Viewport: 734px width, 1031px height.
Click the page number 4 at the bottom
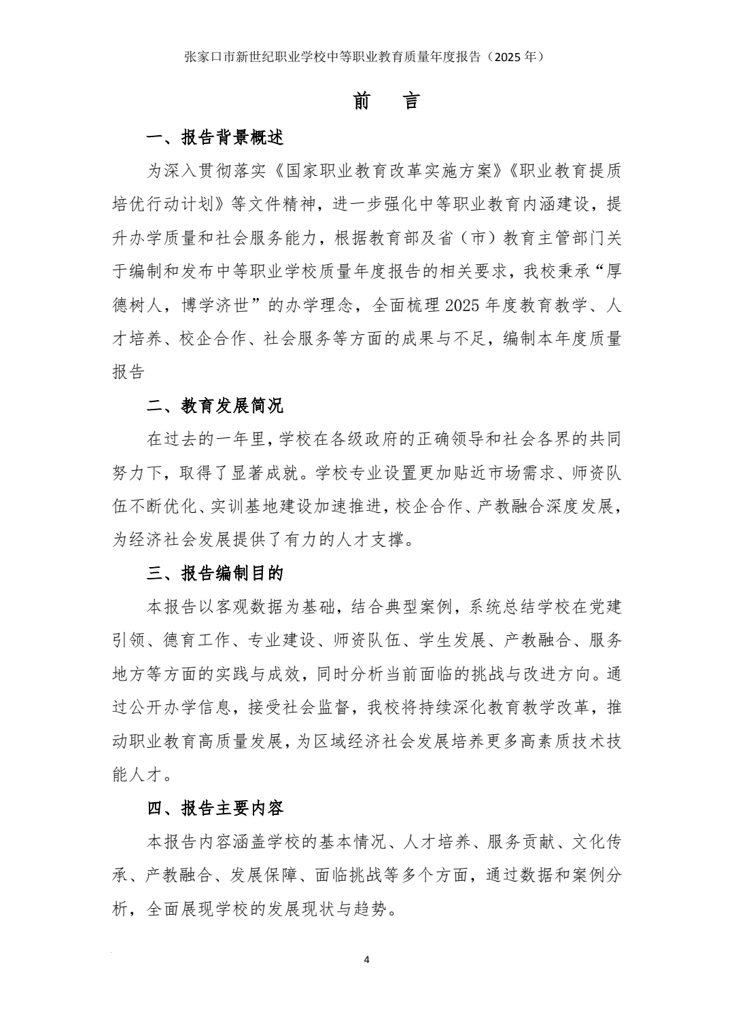(x=367, y=960)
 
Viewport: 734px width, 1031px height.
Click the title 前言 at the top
(x=387, y=101)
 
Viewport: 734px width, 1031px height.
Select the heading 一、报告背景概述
(x=215, y=138)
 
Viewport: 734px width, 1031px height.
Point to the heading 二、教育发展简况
(x=215, y=406)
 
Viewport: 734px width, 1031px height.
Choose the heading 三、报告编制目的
(x=215, y=573)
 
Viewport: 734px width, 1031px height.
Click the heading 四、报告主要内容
(x=215, y=808)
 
